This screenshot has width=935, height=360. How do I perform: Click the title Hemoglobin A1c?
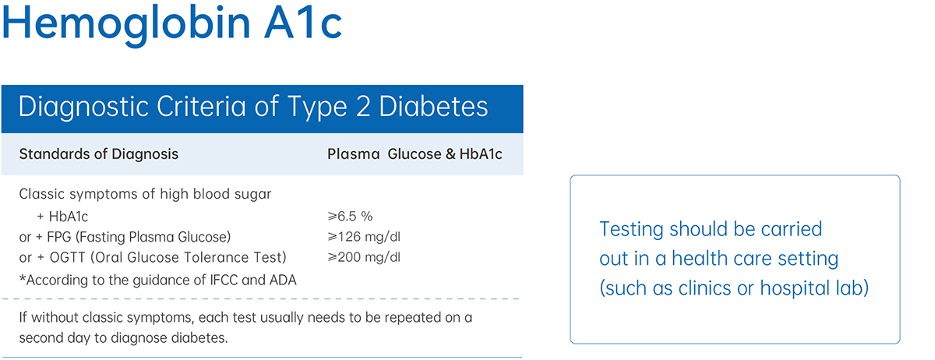coord(172,23)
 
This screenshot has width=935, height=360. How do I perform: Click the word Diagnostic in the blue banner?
coord(83,107)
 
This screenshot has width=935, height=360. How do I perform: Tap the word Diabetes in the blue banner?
coord(433,107)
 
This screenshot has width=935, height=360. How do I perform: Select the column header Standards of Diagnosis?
coord(98,154)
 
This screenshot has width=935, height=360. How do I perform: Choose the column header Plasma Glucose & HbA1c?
coord(415,154)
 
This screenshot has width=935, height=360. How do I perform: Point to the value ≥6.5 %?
coord(350,216)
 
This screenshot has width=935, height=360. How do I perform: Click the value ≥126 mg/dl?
coord(364,237)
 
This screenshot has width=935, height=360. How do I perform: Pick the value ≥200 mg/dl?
coord(364,257)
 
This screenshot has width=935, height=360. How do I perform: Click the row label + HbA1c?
coord(62,217)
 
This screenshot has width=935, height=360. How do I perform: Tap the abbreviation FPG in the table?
coord(59,237)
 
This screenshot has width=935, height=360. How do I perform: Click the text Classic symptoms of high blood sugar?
coord(145,194)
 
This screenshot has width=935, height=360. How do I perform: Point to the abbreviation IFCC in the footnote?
coord(222,280)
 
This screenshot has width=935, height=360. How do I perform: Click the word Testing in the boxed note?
coord(632,230)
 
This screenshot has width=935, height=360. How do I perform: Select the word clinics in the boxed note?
coord(704,288)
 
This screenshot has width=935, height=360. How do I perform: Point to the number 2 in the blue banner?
coord(363,107)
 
